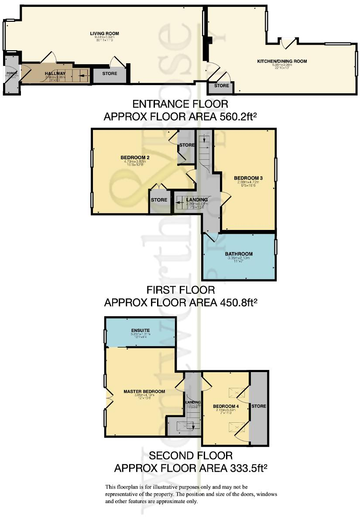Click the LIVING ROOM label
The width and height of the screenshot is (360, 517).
coord(104,34)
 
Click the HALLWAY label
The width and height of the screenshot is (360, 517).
coord(55,73)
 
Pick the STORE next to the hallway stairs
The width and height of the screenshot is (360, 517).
coord(110,74)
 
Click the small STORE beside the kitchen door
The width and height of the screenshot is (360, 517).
coord(221,86)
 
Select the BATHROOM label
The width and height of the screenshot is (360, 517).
coord(239,254)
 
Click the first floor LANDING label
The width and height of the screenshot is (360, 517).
coord(197,200)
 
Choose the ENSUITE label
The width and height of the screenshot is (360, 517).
coord(141,330)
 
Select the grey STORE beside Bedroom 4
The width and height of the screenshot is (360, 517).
coord(258,406)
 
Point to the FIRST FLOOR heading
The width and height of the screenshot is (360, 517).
coord(180,290)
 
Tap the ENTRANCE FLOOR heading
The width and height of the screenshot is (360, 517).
coord(180,104)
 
